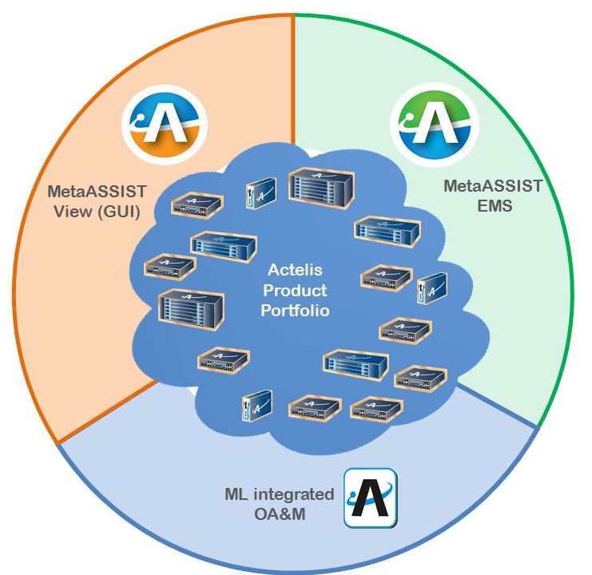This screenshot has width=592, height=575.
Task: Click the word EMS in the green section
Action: tap(493, 205)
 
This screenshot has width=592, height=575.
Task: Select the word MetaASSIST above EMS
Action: tap(493, 187)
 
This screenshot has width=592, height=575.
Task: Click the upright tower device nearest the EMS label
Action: tap(431, 288)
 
